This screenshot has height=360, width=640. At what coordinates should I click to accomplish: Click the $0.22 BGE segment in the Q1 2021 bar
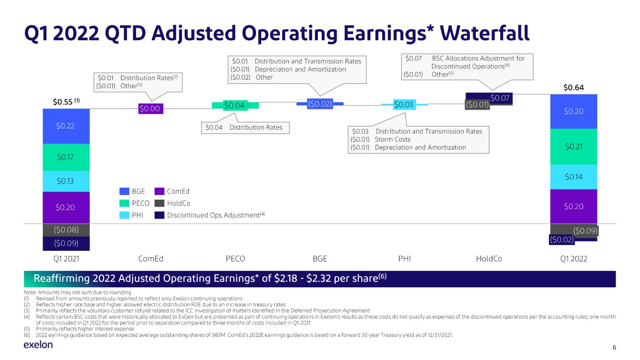66,126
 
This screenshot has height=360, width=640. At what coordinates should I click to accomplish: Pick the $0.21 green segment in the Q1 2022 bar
573,147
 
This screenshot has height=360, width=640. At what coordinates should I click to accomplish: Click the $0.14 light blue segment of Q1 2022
573,177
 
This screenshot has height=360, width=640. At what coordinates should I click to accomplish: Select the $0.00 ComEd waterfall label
151,109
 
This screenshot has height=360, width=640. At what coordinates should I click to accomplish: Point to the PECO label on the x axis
235,259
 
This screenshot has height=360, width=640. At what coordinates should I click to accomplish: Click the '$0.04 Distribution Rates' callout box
245,127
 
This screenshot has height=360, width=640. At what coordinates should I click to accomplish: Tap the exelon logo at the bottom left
38,345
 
